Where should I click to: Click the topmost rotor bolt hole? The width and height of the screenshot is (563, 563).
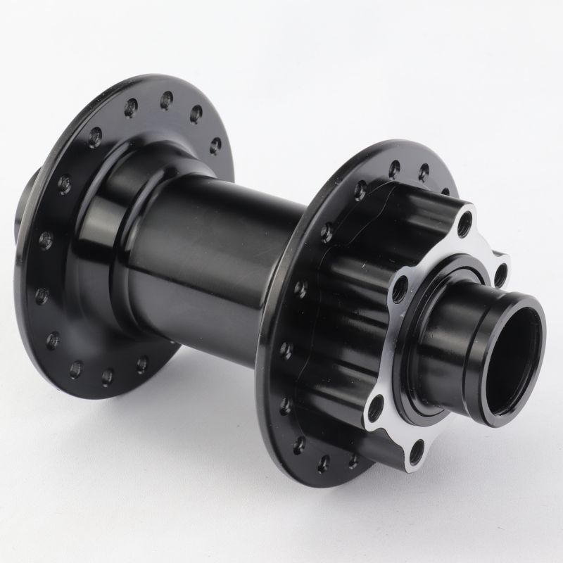464,224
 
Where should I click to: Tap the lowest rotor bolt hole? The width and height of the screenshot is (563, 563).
417,451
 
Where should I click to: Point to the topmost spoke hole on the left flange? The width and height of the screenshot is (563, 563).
167,100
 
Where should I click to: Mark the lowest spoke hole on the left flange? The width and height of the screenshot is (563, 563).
108,377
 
